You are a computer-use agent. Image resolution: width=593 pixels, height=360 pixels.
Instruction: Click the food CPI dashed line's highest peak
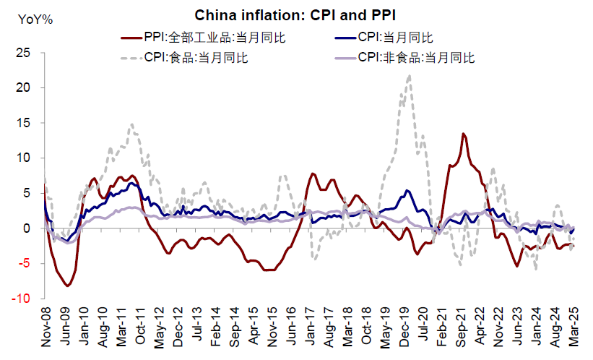click(x=410, y=75)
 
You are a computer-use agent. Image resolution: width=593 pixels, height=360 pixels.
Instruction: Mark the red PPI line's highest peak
click(x=463, y=134)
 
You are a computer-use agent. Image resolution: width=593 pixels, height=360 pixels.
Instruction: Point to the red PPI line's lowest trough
click(x=67, y=286)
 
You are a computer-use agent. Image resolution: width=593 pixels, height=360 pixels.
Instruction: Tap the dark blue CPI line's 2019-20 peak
click(x=408, y=191)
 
